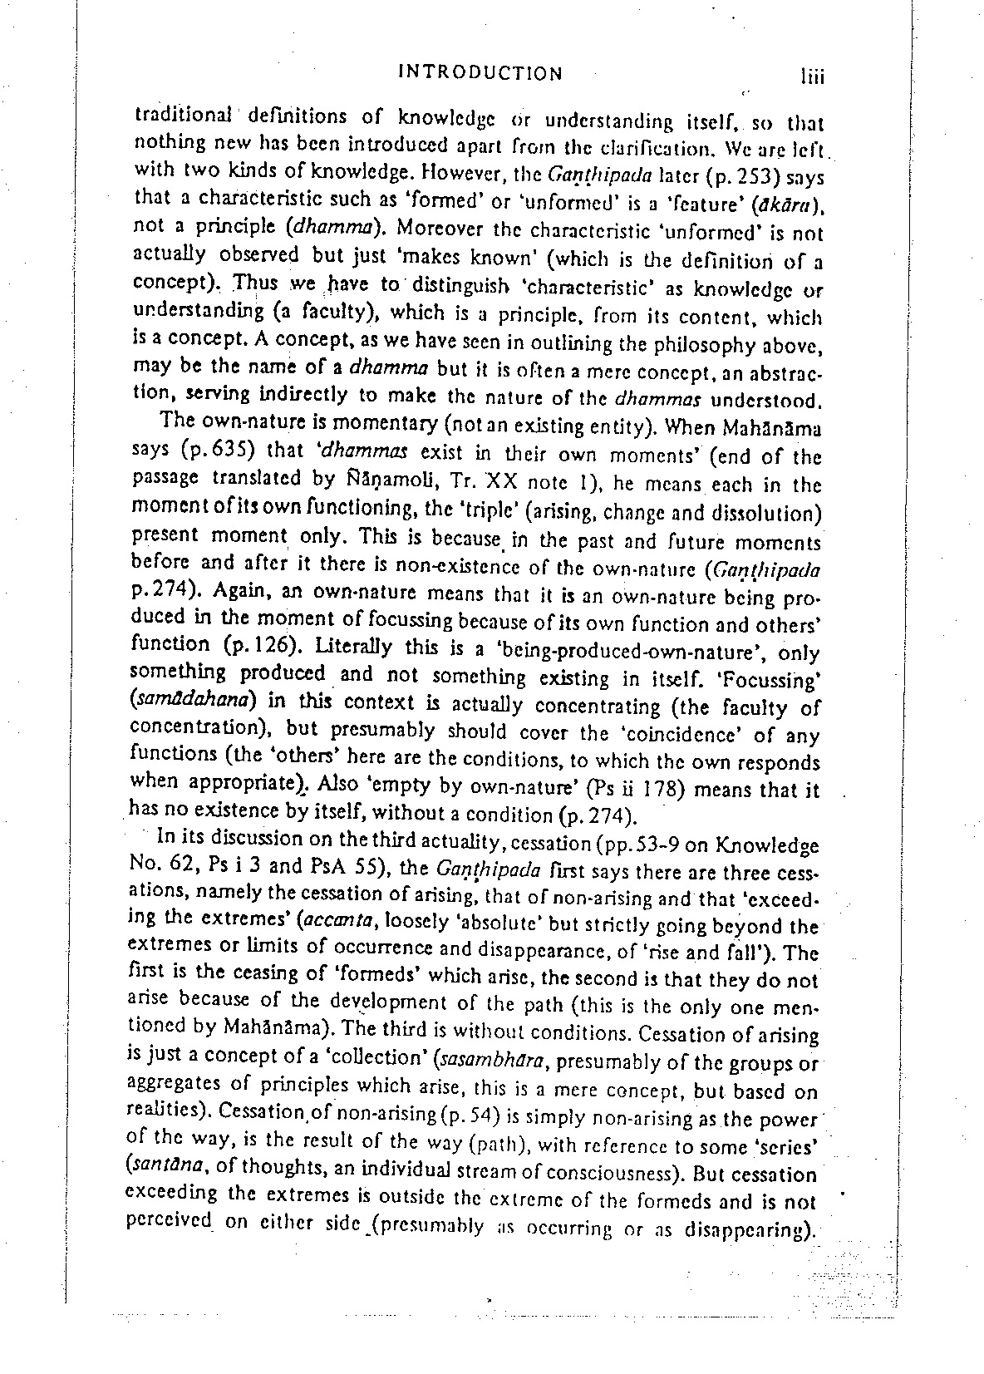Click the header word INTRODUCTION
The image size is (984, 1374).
pyautogui.click(x=480, y=73)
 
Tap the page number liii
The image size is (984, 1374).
pyautogui.click(x=805, y=76)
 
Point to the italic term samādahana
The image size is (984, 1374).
pyautogui.click(x=198, y=700)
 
